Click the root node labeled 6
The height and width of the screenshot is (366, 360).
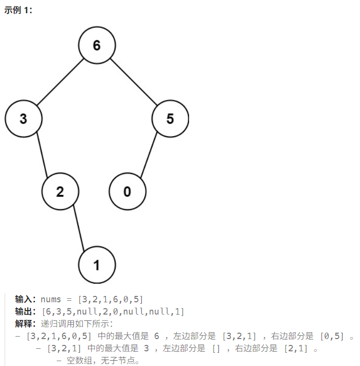96,45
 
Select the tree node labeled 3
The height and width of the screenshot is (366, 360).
23,119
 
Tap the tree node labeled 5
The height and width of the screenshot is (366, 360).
170,119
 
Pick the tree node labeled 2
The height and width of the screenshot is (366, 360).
60,191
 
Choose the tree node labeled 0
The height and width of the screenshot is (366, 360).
127,191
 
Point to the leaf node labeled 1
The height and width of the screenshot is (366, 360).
96,265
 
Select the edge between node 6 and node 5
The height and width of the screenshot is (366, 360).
133,82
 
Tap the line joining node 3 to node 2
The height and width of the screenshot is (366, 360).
42,155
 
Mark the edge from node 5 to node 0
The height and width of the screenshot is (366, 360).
149,155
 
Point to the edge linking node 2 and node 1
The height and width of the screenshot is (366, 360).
78,228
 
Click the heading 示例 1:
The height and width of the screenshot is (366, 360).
19,10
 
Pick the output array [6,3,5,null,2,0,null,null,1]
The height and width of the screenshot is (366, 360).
113,312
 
